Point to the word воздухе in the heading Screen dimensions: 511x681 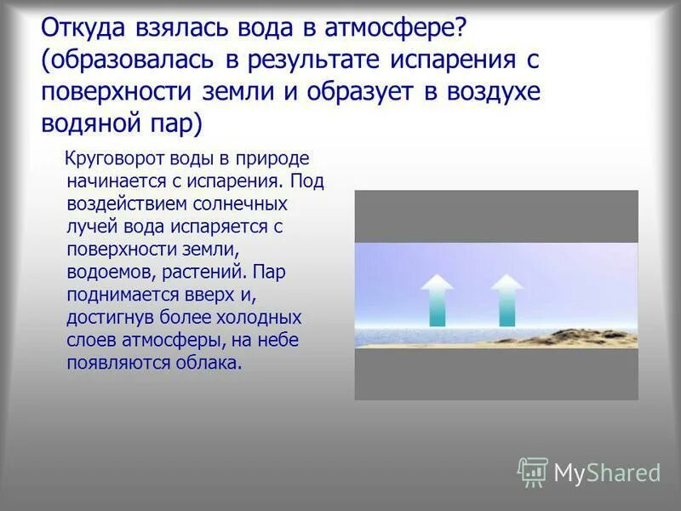click(489, 92)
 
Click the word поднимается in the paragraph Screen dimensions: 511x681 click(119, 295)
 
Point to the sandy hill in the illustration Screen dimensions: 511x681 click(587, 336)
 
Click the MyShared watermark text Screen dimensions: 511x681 click(607, 473)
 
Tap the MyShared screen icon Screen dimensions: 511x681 click(533, 471)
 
